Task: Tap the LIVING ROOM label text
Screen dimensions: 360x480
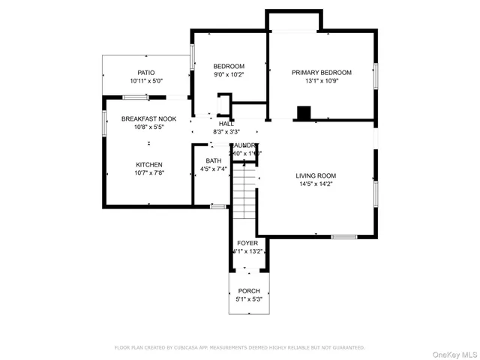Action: point(316,175)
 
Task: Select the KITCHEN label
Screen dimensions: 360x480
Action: point(148,165)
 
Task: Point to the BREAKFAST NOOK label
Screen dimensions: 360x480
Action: point(148,119)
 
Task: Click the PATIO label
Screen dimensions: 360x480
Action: point(146,73)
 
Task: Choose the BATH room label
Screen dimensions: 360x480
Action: point(214,160)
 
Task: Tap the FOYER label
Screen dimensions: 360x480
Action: point(247,243)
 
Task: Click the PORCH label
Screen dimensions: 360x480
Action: point(249,291)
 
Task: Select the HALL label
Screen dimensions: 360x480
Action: point(226,124)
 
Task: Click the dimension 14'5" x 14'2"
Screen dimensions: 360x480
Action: point(316,184)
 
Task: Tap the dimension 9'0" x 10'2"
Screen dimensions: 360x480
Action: point(229,74)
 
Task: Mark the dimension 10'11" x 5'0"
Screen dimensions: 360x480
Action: point(146,81)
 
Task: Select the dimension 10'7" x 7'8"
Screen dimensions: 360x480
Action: point(148,173)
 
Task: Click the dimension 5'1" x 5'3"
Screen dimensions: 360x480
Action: point(249,299)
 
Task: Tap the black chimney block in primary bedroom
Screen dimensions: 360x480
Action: point(304,113)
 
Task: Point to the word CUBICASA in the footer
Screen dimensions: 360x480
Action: point(191,348)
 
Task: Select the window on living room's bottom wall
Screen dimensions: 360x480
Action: point(343,237)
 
